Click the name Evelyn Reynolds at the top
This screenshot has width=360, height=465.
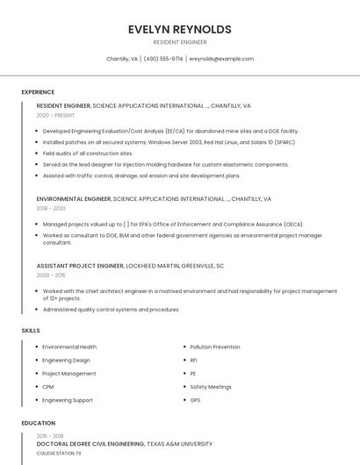(179, 29)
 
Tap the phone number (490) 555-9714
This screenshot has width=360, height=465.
(163, 59)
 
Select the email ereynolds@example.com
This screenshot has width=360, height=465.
(221, 59)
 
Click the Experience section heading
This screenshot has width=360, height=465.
(38, 92)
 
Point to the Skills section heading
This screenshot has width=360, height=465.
(31, 330)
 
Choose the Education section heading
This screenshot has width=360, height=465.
(38, 423)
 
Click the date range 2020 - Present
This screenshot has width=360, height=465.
(55, 115)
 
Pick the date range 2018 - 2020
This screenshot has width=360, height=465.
(51, 209)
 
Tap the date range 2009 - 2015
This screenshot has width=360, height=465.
(51, 275)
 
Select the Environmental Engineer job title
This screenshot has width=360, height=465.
(74, 199)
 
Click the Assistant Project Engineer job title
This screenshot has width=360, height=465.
(80, 265)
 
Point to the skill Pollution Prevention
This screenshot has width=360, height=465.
(215, 347)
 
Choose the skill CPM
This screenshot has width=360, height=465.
(48, 387)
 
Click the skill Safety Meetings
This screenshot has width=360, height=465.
(211, 387)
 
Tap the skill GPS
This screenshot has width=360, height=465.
(195, 400)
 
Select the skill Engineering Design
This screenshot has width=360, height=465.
(66, 360)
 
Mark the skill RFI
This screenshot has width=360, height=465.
(194, 360)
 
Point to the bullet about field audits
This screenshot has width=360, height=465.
(88, 153)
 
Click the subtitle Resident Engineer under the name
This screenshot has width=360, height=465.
(179, 42)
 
